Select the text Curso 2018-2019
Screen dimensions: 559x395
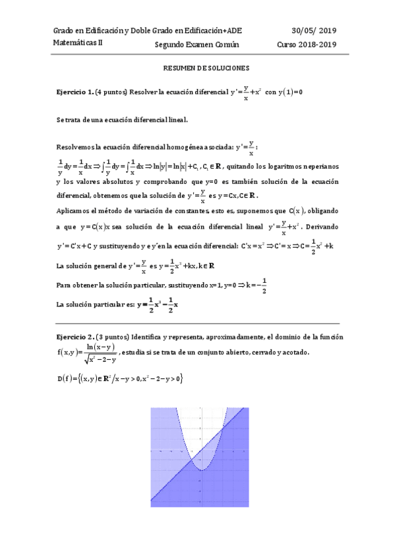[x=307, y=45]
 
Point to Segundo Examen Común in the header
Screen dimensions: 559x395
[x=197, y=45]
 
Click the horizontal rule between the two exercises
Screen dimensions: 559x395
[x=197, y=323]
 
